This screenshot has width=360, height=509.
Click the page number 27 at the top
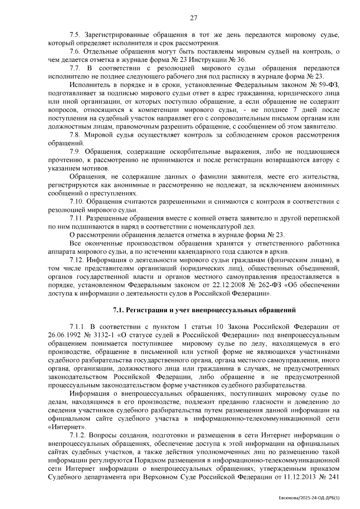click(x=193, y=18)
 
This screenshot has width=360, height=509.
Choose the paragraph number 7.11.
click(x=76, y=218)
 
